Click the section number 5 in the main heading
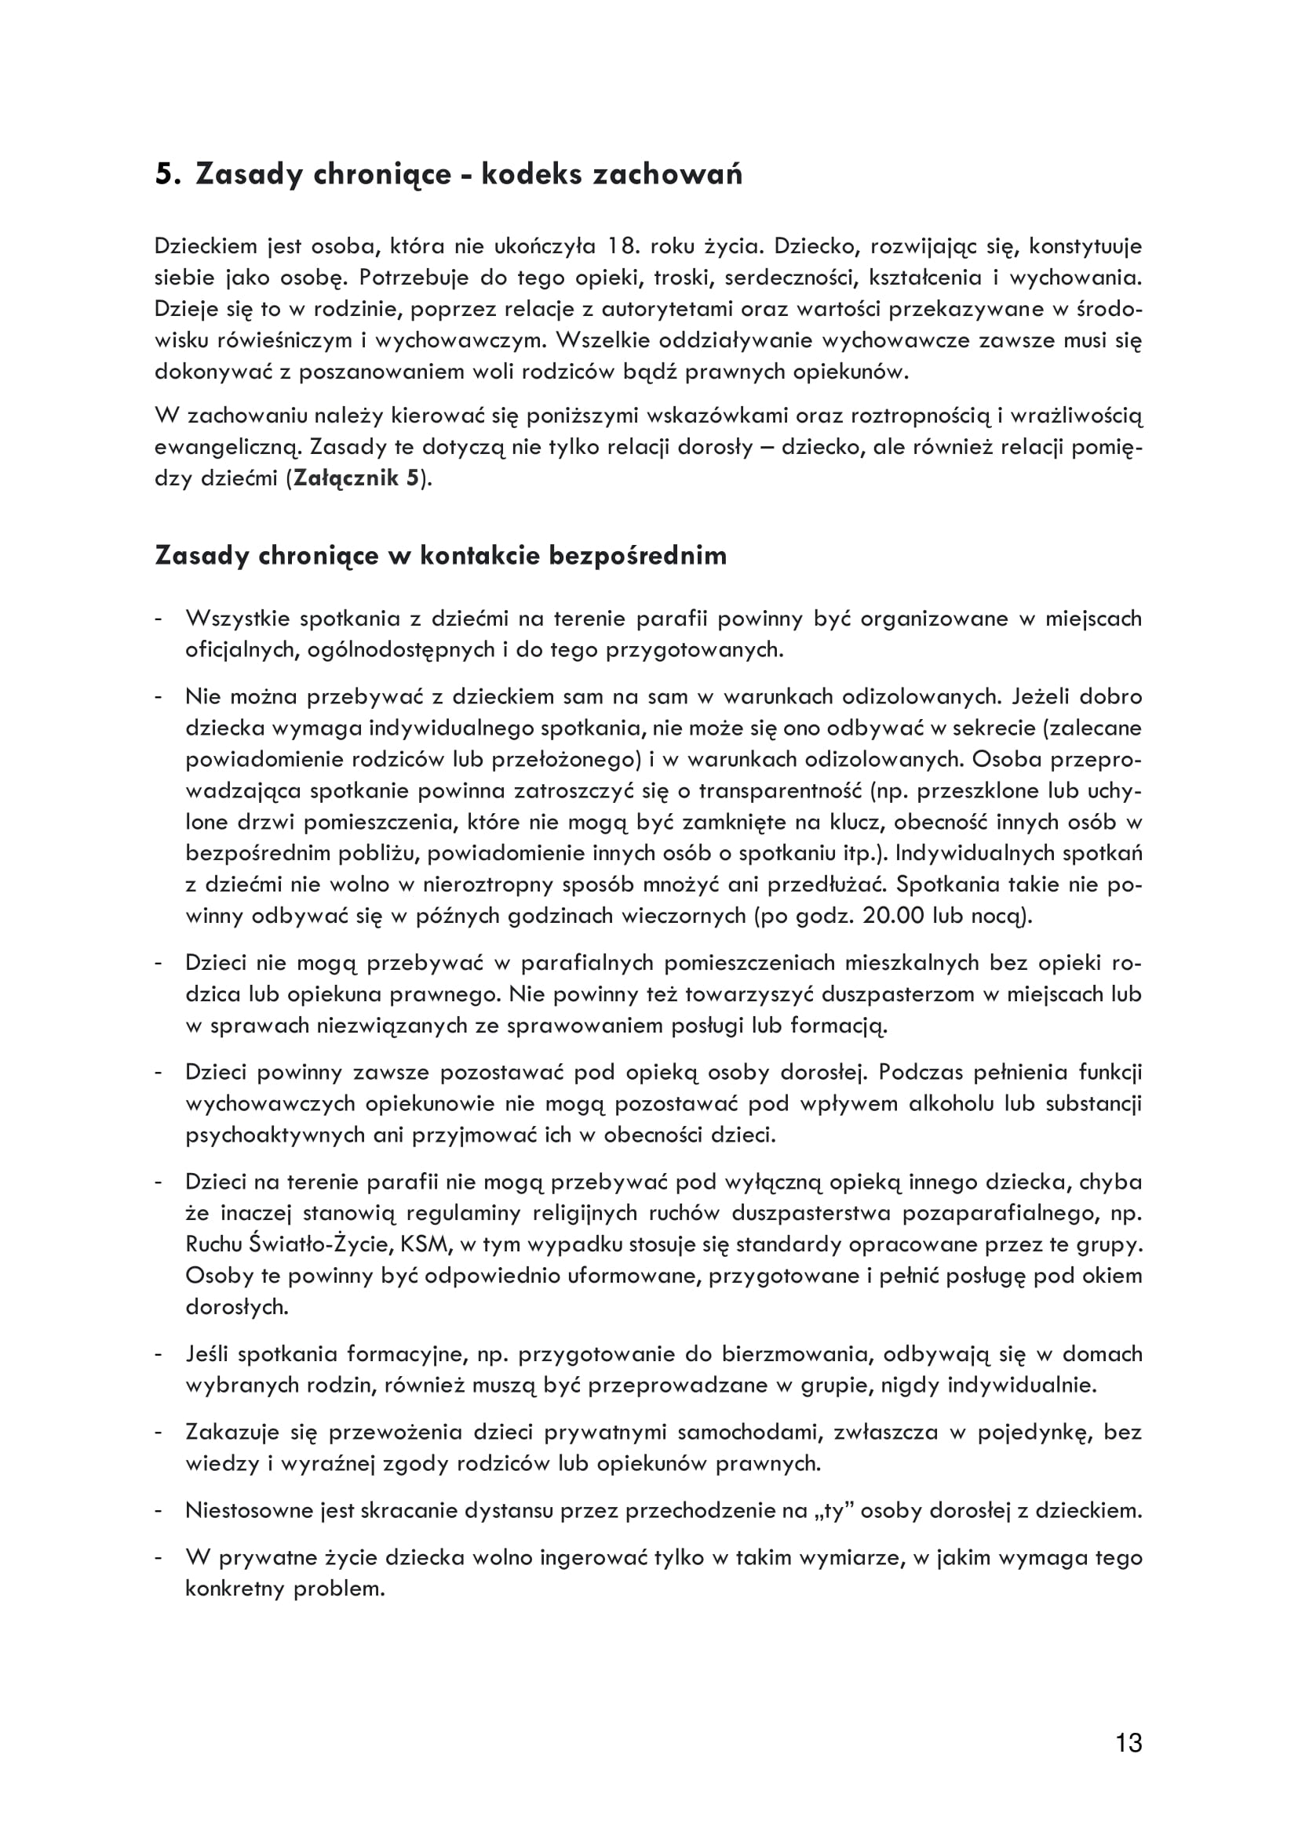tap(164, 173)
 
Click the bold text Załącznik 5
tap(356, 478)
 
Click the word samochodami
tap(749, 1433)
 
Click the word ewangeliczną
tap(228, 447)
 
